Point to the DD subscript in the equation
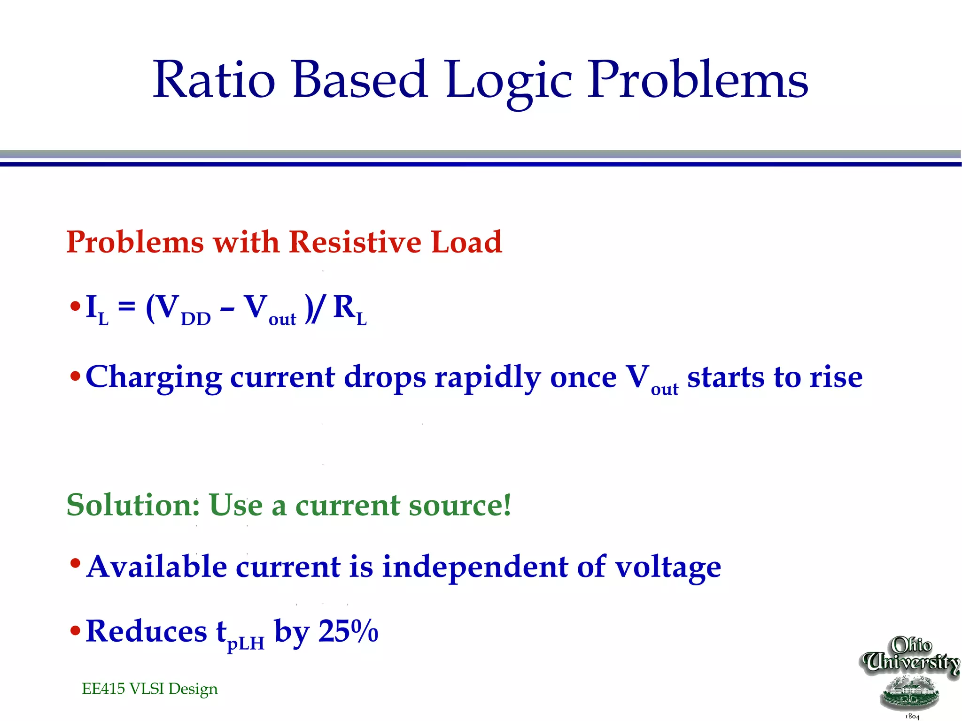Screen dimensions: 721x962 (196, 319)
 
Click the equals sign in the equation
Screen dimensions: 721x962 (127, 308)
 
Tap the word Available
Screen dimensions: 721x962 (157, 566)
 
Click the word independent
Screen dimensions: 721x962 (475, 567)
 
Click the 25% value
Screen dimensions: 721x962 (348, 631)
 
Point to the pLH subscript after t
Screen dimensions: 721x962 (246, 643)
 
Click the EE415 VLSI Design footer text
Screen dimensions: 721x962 (149, 689)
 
